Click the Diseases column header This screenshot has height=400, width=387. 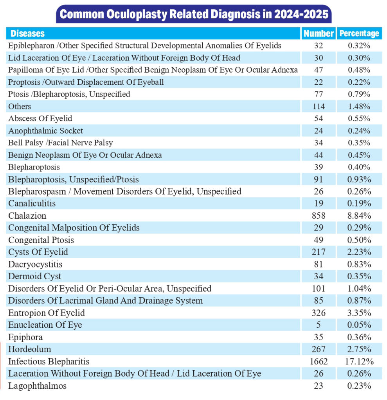point(27,33)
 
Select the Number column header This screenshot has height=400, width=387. point(319,34)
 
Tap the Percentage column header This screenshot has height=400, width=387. point(359,34)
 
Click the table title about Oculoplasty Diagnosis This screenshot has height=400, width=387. point(194,15)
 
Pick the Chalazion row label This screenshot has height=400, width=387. point(27,216)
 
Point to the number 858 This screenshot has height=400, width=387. point(319,216)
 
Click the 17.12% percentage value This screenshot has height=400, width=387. point(359,361)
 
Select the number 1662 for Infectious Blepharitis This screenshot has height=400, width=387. point(319,361)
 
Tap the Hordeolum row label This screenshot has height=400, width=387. point(30,349)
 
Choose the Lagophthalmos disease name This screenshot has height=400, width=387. point(38,386)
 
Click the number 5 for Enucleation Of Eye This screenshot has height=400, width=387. point(319,325)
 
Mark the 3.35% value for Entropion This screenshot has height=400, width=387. point(359,313)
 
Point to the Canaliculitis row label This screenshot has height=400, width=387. point(32,204)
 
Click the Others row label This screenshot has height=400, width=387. point(20,106)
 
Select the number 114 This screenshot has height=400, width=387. point(319,106)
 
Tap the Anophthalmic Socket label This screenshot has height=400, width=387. point(46,130)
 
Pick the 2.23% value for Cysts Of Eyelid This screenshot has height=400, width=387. point(359,252)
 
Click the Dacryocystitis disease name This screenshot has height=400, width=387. point(35,264)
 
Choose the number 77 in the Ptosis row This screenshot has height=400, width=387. point(319,94)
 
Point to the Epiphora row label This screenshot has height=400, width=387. point(25,337)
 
